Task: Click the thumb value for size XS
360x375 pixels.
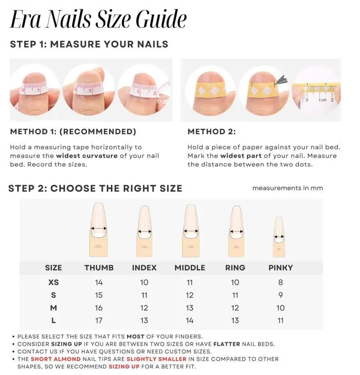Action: [x=99, y=282]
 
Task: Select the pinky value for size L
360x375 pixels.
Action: [x=281, y=321]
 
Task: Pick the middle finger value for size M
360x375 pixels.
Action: [x=190, y=308]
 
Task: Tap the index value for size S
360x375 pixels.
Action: [x=144, y=295]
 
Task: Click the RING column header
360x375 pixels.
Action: [x=235, y=268]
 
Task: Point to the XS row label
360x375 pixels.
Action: [x=54, y=282]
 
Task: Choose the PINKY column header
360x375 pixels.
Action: [x=281, y=268]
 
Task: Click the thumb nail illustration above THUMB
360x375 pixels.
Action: [x=99, y=229]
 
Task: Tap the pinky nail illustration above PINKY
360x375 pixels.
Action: [x=279, y=237]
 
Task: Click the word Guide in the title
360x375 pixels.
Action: [x=161, y=19]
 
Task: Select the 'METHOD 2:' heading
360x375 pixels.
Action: [x=211, y=131]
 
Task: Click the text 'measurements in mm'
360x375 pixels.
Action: [x=287, y=188]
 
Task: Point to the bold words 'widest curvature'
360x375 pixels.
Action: [x=87, y=156]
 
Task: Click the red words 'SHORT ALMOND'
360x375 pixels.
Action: [x=56, y=359]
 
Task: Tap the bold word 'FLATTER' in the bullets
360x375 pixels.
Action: [x=227, y=344]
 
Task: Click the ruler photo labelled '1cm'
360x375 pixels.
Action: [x=316, y=93]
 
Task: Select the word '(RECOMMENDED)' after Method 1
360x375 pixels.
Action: [x=97, y=131]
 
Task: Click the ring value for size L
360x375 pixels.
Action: [x=235, y=321]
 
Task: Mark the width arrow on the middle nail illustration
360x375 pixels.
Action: [x=190, y=231]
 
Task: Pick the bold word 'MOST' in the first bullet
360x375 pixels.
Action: [x=136, y=336]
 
